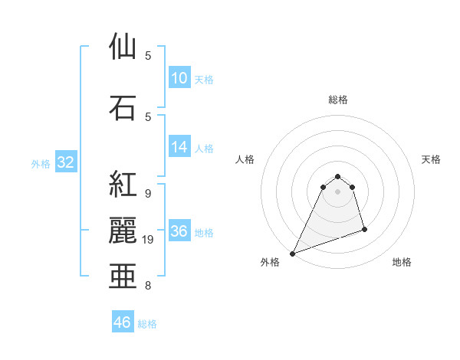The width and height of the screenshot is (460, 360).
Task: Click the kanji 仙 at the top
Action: tap(123, 47)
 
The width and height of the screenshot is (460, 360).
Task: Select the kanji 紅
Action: tap(123, 185)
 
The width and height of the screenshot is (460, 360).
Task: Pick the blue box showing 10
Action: tap(179, 78)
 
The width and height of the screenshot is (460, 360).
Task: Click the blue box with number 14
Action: tap(179, 148)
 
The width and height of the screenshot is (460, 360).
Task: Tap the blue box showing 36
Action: tap(179, 231)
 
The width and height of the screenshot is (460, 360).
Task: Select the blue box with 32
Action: tap(65, 162)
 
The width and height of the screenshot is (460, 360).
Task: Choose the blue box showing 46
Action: tap(123, 322)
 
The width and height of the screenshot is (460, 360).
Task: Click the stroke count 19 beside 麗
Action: tap(149, 240)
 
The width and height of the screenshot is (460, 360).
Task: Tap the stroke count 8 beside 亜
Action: tap(147, 286)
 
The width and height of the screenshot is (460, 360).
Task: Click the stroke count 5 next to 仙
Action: tap(147, 56)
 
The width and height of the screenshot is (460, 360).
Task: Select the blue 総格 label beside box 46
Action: tap(148, 324)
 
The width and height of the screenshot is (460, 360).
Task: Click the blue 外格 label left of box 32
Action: tap(41, 164)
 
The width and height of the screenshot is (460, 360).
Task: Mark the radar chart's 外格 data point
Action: tap(292, 254)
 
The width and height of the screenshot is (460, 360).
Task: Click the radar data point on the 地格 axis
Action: tap(364, 229)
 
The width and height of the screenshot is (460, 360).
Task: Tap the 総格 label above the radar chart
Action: tap(338, 100)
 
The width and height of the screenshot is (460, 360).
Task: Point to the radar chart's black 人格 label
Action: tap(245, 159)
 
